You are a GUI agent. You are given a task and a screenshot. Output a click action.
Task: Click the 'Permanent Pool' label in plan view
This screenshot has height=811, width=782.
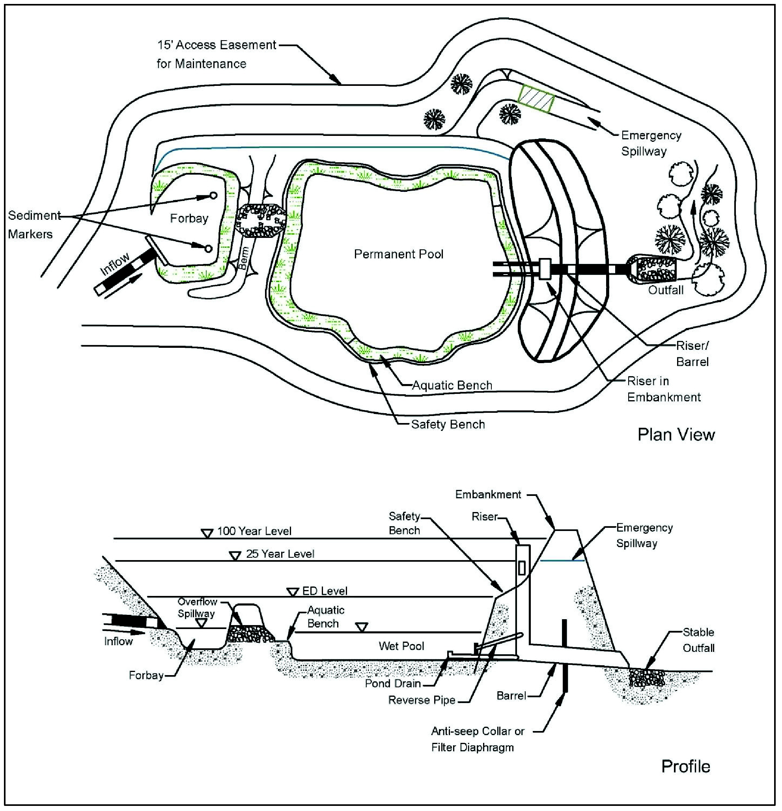coord(398,254)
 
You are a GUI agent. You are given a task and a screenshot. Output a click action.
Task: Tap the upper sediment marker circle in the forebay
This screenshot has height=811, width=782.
coord(213,195)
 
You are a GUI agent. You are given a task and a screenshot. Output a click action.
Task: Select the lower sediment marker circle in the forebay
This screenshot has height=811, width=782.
coord(209,249)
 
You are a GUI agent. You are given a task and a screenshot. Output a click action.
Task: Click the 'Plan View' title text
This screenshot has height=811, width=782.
coord(676,435)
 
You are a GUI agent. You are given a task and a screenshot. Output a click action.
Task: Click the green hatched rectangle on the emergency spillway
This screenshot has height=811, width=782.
coord(536,98)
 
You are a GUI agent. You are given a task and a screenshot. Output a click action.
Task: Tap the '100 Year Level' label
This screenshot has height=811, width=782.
coord(254,531)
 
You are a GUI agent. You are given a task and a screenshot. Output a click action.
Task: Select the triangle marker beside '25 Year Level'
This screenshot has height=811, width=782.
coord(235,556)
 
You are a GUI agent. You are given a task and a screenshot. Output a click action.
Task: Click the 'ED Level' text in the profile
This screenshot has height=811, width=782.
coord(325,591)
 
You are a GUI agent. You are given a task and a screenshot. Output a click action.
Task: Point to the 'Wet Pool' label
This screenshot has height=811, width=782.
coord(401,646)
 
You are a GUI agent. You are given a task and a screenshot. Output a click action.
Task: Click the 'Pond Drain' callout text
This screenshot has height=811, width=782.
coord(393,683)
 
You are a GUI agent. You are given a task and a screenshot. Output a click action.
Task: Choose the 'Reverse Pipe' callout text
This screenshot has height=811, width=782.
coord(422,700)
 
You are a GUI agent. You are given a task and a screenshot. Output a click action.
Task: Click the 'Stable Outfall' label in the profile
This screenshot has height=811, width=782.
coord(698,640)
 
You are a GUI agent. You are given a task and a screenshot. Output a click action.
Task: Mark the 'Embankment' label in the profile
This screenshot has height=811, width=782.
coord(488,494)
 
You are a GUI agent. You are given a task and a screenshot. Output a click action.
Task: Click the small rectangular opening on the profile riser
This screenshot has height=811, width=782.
coord(522,568)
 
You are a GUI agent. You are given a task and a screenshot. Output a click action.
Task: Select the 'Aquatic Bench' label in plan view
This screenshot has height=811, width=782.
coord(452,385)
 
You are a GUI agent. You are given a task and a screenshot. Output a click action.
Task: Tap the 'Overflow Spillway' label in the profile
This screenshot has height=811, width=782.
coord(197,607)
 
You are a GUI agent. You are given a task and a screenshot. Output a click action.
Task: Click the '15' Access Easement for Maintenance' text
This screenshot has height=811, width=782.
coord(216,54)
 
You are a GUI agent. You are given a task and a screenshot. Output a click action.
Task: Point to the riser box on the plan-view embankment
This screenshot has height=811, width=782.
coord(545,269)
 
